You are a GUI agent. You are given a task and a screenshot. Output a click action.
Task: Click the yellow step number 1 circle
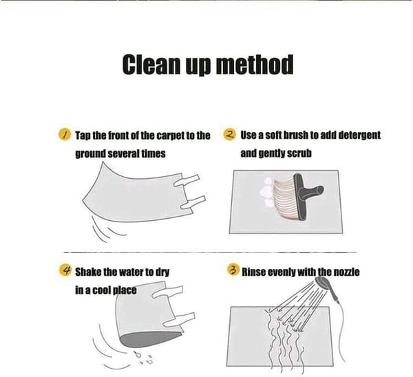click(65, 135)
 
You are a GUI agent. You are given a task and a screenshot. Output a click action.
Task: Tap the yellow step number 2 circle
click(229, 134)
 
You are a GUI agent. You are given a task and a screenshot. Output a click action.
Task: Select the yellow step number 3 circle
click(233, 270)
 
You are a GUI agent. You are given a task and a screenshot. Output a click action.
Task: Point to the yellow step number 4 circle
click(65, 270)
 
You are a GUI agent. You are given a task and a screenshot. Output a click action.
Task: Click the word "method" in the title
click(255, 65)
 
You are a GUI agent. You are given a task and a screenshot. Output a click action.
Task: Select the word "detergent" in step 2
click(359, 136)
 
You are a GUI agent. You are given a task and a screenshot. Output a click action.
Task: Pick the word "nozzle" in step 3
click(347, 272)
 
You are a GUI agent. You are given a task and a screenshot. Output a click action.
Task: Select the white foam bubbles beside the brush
click(266, 193)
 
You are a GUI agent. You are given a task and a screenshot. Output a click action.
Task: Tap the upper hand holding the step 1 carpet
click(187, 181)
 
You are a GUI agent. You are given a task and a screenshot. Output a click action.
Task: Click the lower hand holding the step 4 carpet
click(179, 320)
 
